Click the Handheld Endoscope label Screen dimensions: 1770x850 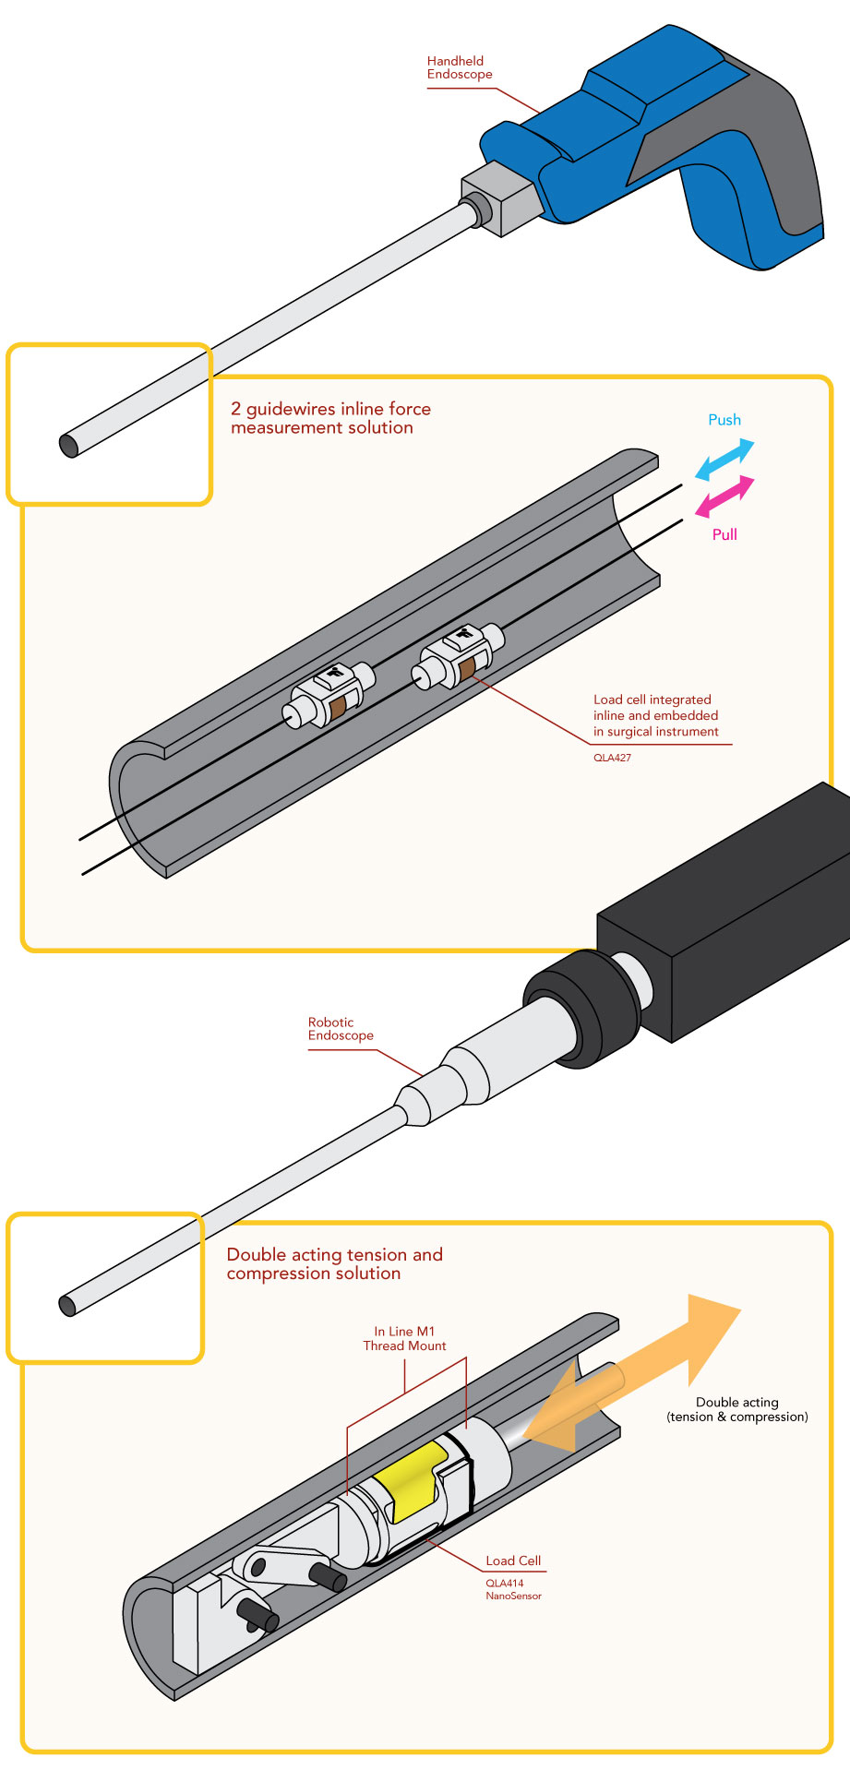click(x=459, y=68)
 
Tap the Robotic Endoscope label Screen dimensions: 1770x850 click(x=340, y=1029)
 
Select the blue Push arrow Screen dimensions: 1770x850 click(x=724, y=460)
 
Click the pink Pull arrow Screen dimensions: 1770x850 click(x=724, y=496)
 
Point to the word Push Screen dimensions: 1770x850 click(x=724, y=420)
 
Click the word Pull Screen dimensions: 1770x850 click(x=724, y=534)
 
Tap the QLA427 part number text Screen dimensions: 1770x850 click(x=612, y=758)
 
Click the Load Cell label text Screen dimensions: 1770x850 click(x=513, y=1561)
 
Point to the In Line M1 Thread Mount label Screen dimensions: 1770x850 click(x=404, y=1338)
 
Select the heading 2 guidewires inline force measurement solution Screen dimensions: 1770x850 click(x=329, y=418)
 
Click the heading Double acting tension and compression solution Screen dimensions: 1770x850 click(x=333, y=1263)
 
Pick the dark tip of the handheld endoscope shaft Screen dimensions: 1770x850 click(x=68, y=446)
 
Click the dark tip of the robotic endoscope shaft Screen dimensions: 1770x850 click(x=67, y=1306)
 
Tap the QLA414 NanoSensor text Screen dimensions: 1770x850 click(x=512, y=1589)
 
